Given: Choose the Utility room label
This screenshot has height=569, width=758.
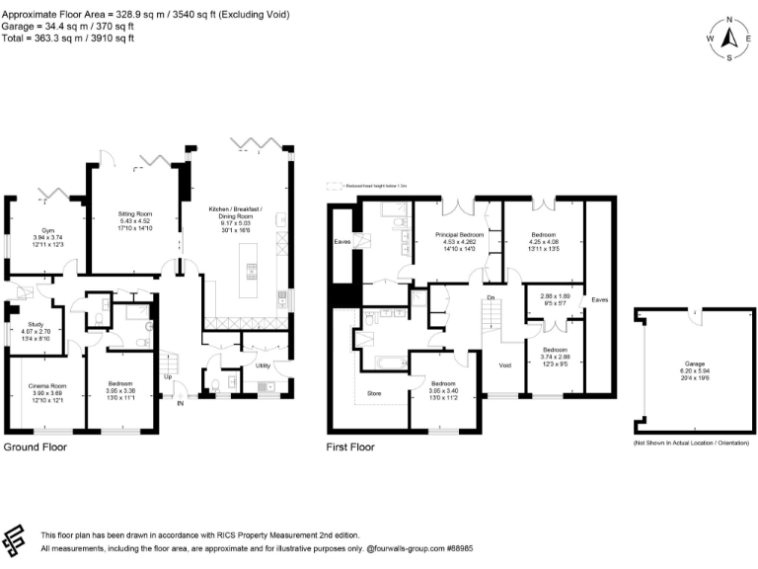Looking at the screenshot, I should pyautogui.click(x=264, y=366).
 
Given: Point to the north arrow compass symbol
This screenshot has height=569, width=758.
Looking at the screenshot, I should pyautogui.click(x=728, y=39).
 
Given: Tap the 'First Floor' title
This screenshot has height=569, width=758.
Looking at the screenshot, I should pyautogui.click(x=350, y=447).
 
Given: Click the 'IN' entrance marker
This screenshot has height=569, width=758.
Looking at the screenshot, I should pyautogui.click(x=180, y=403).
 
